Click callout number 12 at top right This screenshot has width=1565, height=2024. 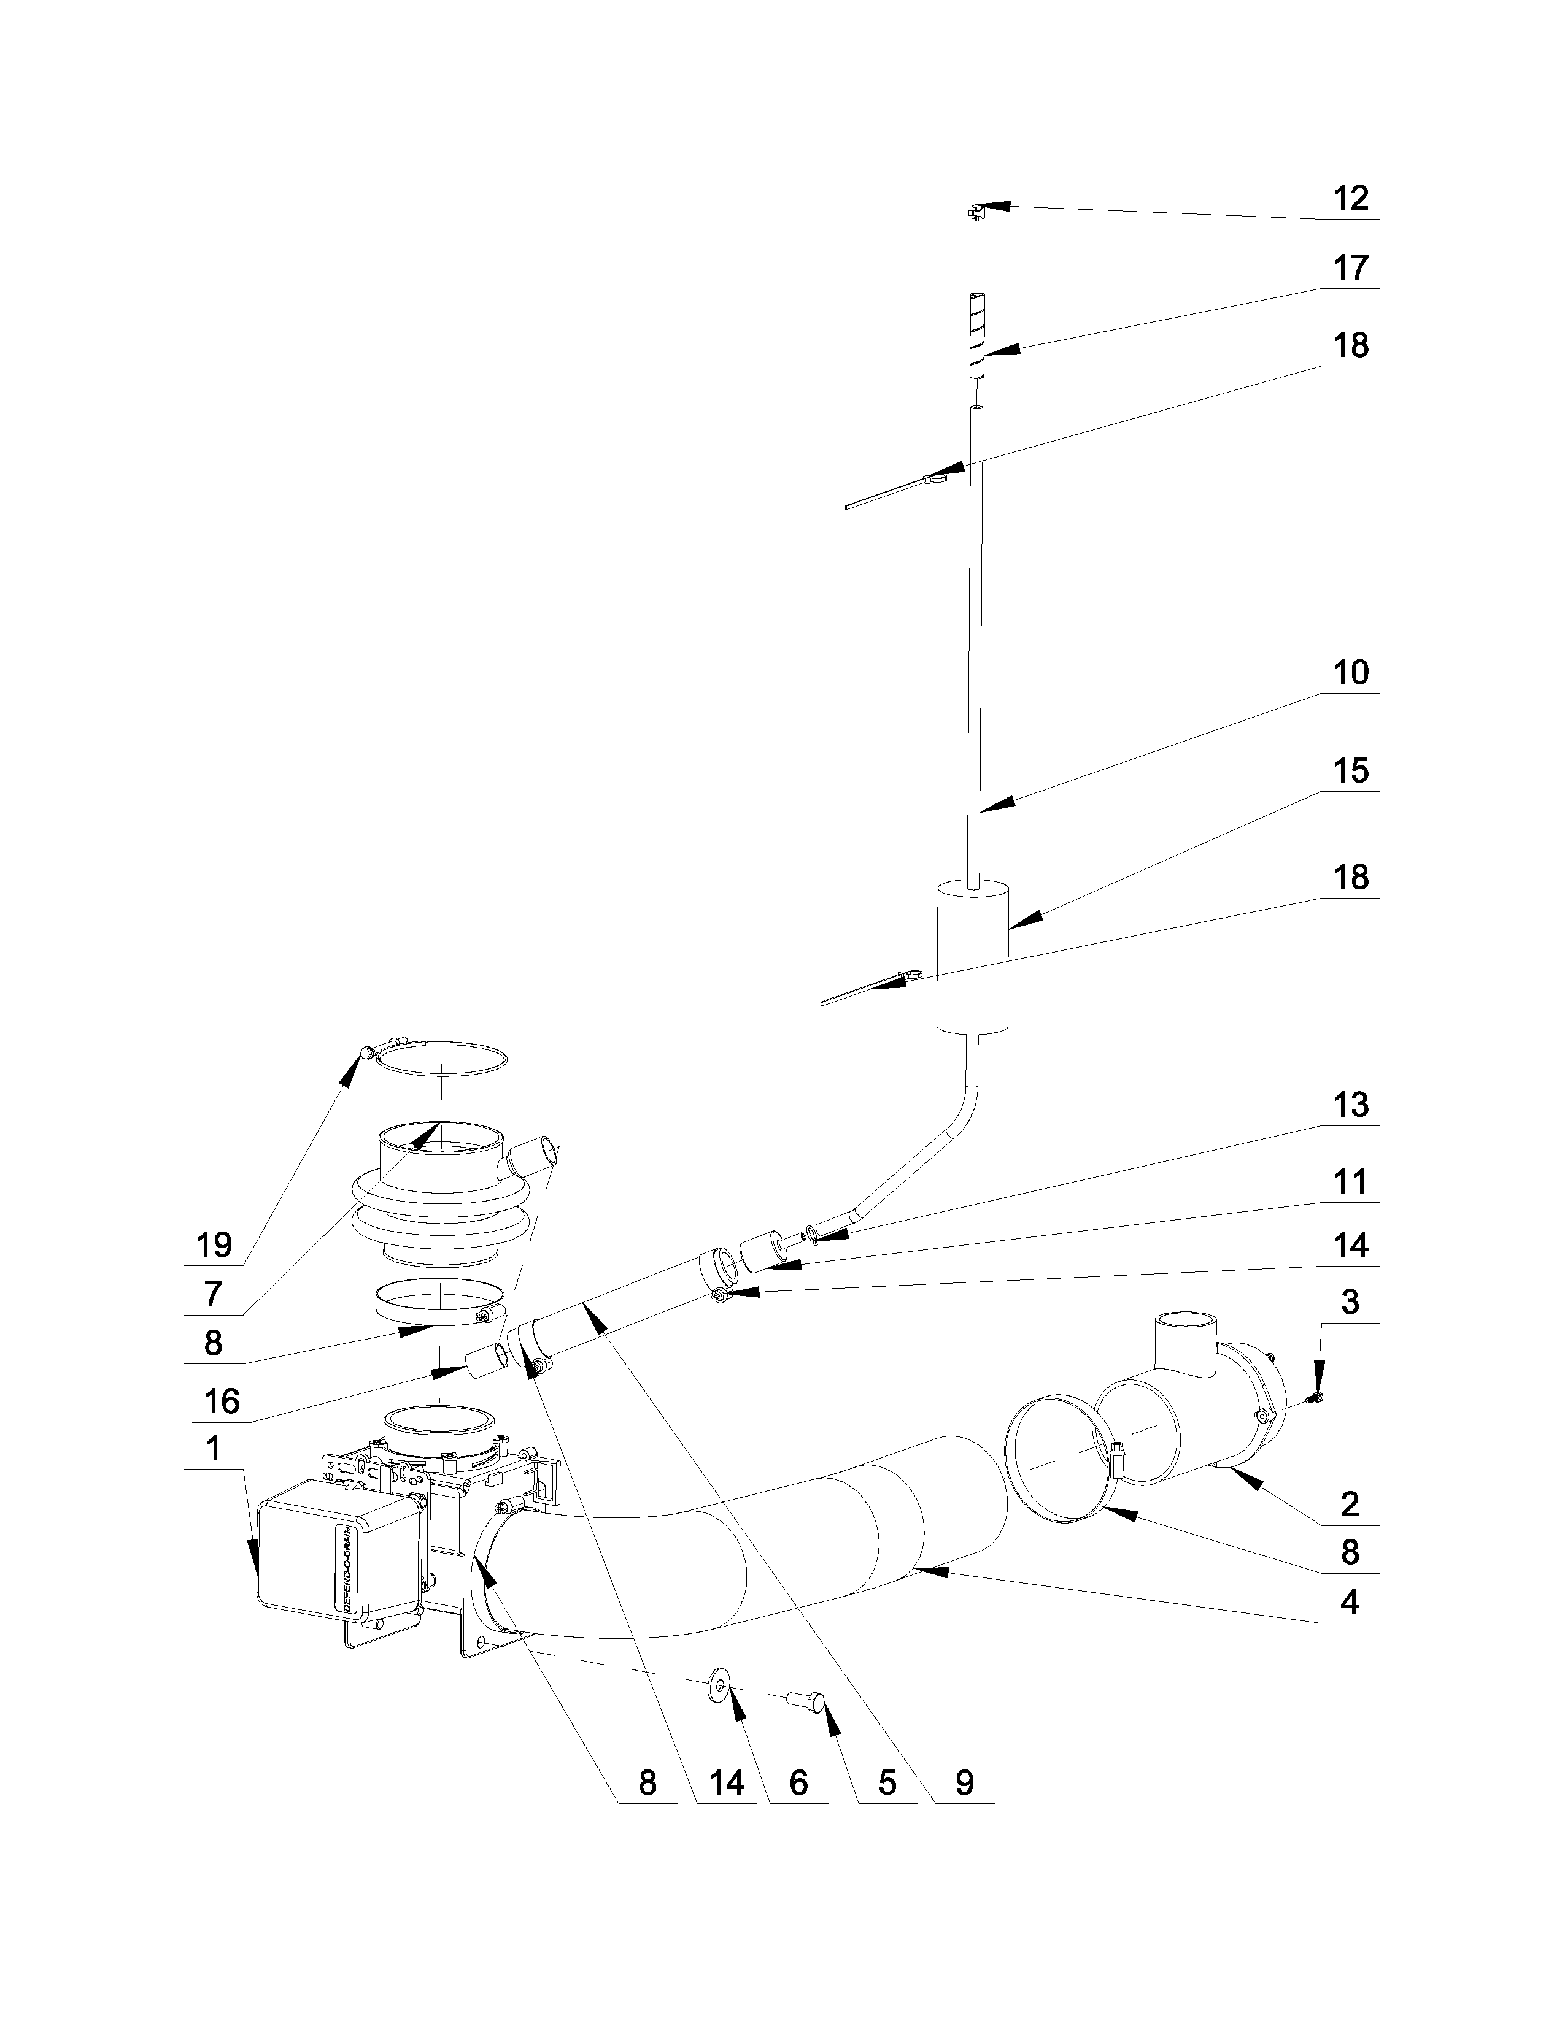pyautogui.click(x=1350, y=198)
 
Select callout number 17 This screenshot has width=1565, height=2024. pyautogui.click(x=1350, y=268)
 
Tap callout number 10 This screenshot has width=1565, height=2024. pyautogui.click(x=1350, y=673)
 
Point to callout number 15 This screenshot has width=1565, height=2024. pyautogui.click(x=1350, y=771)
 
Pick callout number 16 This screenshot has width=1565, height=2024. pyautogui.click(x=221, y=1402)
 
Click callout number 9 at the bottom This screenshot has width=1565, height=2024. pyautogui.click(x=964, y=1782)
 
